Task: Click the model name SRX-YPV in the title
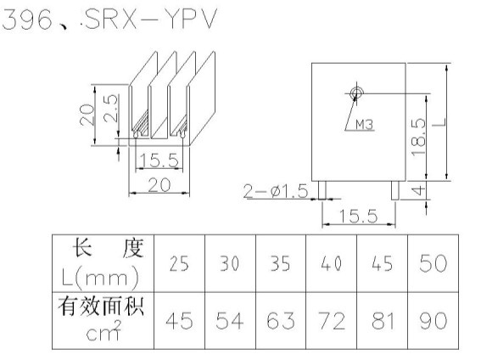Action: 151,19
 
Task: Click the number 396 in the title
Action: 27,20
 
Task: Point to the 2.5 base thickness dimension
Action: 110,109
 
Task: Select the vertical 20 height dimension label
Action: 87,115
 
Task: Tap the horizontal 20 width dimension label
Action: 159,185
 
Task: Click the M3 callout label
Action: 365,125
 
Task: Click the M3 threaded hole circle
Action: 356,92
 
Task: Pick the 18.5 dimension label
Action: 419,138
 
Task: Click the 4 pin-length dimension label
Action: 418,190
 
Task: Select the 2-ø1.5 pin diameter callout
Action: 276,191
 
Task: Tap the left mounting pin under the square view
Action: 322,190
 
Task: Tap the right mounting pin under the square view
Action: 395,190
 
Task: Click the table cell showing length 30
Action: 230,263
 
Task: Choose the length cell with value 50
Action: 433,263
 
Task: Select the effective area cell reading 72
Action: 332,321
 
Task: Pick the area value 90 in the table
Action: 433,321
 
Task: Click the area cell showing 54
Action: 230,321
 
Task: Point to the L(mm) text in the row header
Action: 100,278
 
